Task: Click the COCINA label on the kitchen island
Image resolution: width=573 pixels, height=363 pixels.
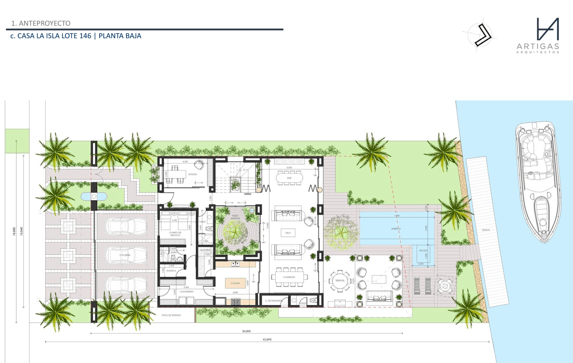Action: point(235,283)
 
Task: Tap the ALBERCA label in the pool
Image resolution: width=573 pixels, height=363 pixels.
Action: point(396,228)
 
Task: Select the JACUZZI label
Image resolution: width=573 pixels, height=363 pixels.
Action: point(423,250)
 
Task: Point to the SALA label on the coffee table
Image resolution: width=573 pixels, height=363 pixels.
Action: point(288,233)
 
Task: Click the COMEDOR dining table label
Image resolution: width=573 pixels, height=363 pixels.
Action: point(289,277)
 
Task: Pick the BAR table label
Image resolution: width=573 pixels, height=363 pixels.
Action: point(289,178)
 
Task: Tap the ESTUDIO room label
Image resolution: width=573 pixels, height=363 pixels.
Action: point(193,174)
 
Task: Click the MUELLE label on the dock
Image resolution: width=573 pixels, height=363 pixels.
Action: point(485,230)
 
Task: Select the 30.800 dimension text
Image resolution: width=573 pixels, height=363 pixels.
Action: point(246,331)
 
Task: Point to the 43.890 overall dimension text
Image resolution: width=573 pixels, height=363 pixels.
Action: point(267,339)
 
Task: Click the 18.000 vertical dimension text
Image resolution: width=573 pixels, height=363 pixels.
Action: point(14,231)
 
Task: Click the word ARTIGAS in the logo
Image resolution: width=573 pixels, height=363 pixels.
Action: point(538,46)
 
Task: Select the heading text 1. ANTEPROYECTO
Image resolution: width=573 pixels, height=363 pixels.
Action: point(41,23)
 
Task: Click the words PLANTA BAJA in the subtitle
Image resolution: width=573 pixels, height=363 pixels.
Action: point(120,36)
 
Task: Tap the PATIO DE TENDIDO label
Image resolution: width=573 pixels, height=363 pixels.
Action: point(171,315)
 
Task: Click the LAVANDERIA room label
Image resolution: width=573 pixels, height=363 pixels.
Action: point(187,291)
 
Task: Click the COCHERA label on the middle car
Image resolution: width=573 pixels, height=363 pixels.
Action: point(125,255)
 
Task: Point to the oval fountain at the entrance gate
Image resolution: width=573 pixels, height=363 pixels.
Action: point(94,197)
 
